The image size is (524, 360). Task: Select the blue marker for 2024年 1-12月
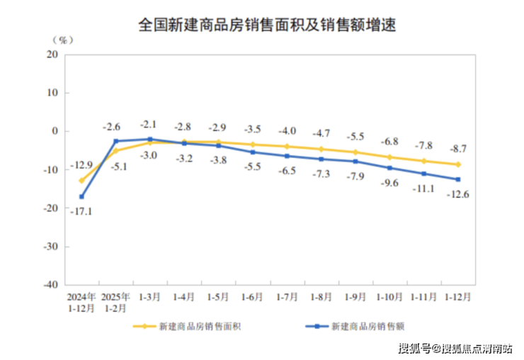click(x=81, y=196)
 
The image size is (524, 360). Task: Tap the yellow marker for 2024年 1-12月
click(x=81, y=180)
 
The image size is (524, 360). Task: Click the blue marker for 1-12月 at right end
click(x=458, y=179)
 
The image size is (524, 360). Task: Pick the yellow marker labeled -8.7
click(x=458, y=164)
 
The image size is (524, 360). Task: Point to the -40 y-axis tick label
click(x=50, y=285)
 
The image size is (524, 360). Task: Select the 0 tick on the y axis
click(x=57, y=131)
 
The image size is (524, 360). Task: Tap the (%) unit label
click(x=62, y=40)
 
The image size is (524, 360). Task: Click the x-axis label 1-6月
click(x=251, y=297)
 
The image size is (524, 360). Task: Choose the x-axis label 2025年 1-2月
click(x=115, y=303)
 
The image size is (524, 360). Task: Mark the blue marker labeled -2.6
click(x=115, y=141)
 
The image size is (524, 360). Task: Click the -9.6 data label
click(x=390, y=183)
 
